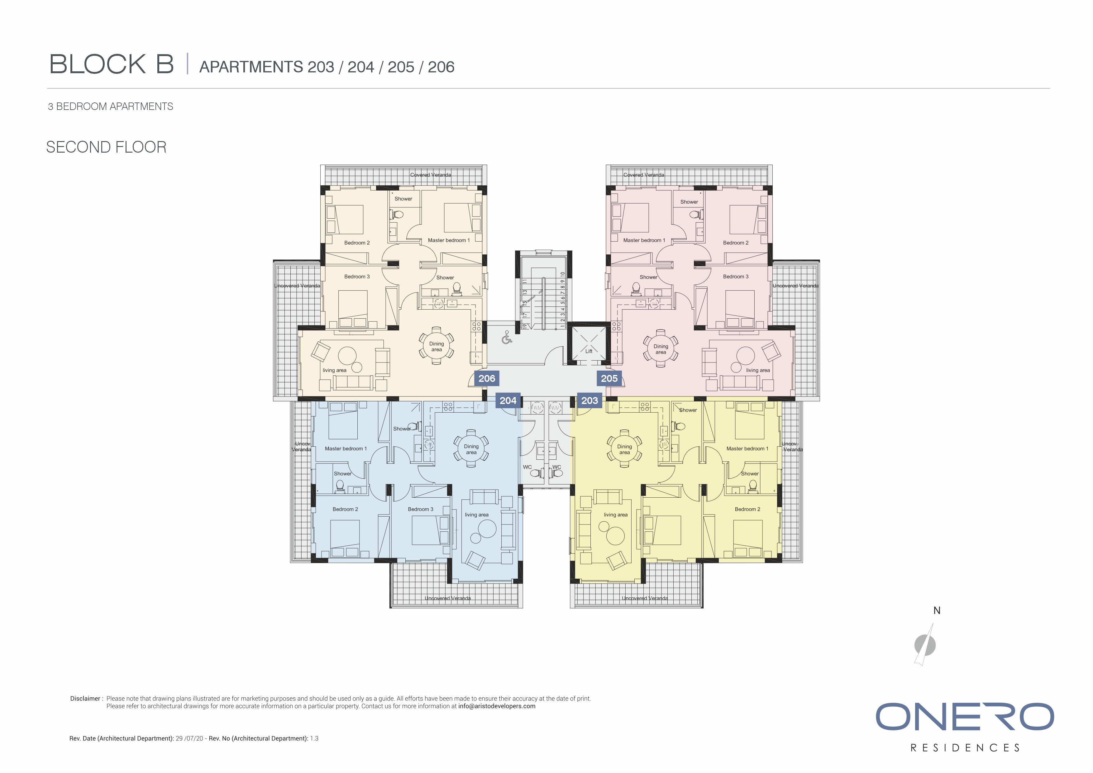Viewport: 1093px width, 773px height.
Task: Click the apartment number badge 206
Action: pyautogui.click(x=486, y=378)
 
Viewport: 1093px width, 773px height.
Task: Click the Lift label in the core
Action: pyautogui.click(x=589, y=351)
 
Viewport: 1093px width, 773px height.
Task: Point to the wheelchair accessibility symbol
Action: pyautogui.click(x=507, y=338)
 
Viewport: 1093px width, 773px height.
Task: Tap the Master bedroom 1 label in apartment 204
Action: pyautogui.click(x=346, y=448)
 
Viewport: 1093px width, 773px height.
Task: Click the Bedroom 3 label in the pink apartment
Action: pyautogui.click(x=736, y=277)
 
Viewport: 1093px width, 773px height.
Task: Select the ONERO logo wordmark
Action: pyautogui.click(x=965, y=717)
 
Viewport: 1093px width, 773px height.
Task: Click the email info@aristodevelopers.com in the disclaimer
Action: pyautogui.click(x=497, y=706)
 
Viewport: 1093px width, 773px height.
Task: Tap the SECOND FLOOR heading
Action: pyautogui.click(x=106, y=147)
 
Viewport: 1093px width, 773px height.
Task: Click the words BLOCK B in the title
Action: pyautogui.click(x=112, y=64)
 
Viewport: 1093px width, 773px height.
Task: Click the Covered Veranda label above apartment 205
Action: pyautogui.click(x=644, y=175)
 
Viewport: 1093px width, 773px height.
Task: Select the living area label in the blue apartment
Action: pyautogui.click(x=476, y=515)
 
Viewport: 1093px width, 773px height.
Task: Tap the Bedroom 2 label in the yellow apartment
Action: pyautogui.click(x=747, y=509)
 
